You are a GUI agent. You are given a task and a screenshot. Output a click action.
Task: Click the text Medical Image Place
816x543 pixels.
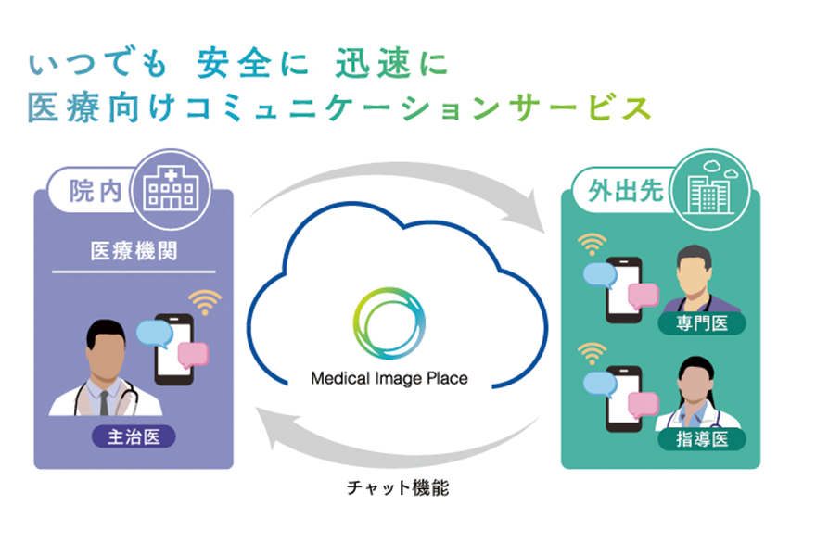pyautogui.click(x=389, y=378)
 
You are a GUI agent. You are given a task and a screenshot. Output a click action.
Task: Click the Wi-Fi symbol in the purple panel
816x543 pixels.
pyautogui.click(x=205, y=303)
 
